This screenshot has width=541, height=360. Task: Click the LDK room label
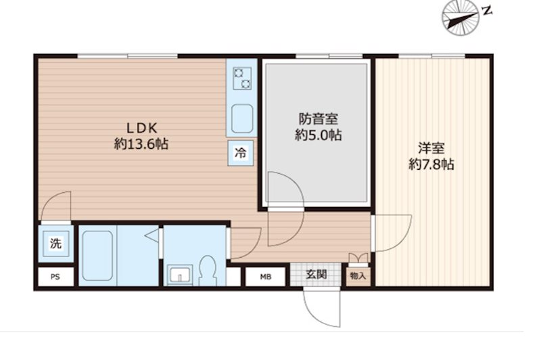[142, 129]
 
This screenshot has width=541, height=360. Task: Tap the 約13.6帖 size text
[141, 144]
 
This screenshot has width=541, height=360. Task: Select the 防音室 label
[318, 119]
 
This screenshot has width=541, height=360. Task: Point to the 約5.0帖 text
[318, 135]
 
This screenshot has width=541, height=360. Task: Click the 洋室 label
[431, 148]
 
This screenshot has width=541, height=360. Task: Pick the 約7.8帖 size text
[431, 164]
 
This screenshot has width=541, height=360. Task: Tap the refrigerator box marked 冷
[241, 153]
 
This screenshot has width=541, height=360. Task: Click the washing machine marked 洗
[56, 244]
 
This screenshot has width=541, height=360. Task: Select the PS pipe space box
[55, 277]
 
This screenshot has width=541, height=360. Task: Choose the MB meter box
[265, 277]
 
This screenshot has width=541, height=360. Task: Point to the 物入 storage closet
[358, 276]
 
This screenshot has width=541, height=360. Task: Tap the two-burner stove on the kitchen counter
[242, 78]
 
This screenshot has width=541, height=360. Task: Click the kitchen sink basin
[242, 118]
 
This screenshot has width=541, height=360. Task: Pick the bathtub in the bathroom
[97, 255]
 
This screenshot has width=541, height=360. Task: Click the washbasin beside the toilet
[180, 275]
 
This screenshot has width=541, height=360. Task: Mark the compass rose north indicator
[461, 18]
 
